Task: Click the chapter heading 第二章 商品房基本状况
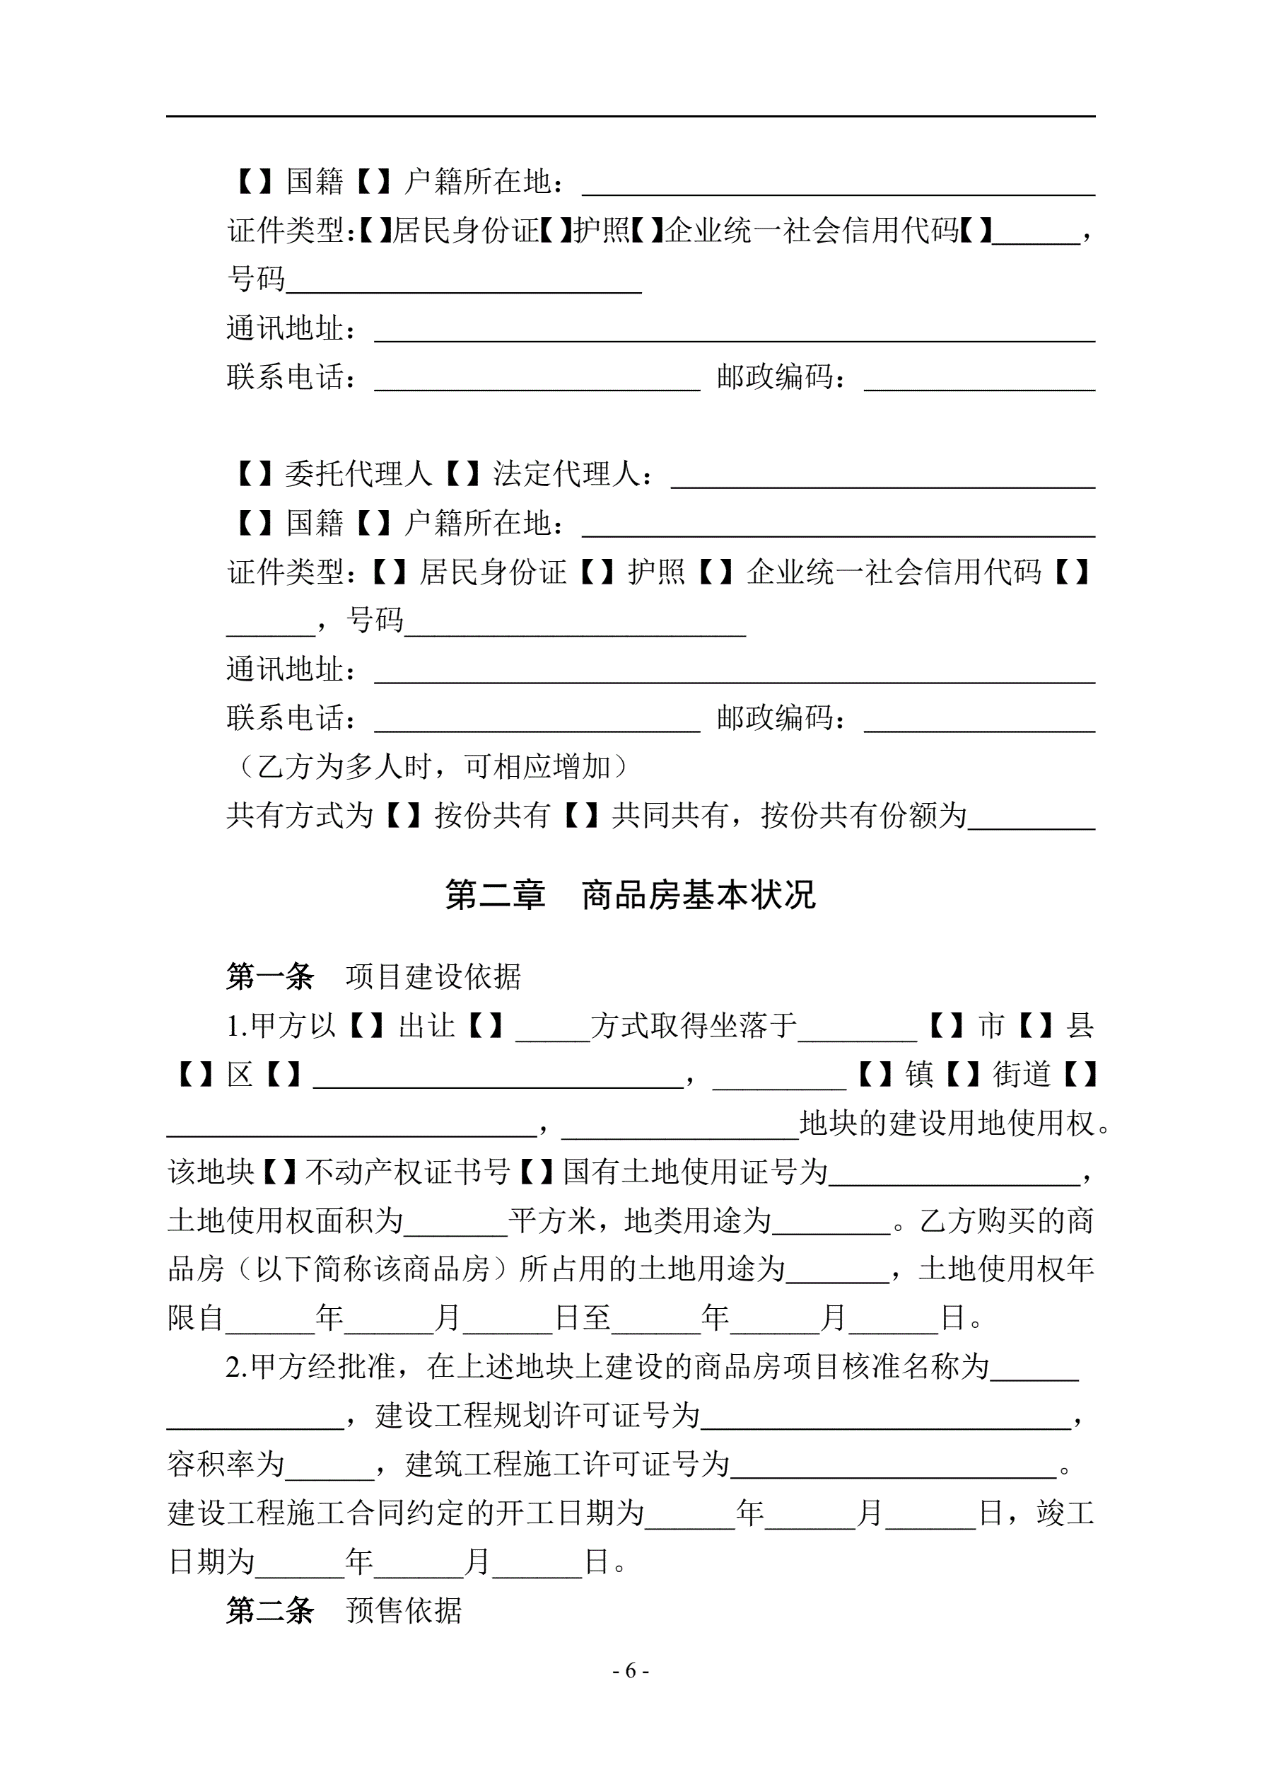pos(630,895)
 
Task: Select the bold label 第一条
pos(269,976)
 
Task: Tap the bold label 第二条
pos(269,1611)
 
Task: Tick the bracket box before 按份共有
pos(404,816)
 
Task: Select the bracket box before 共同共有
pos(581,816)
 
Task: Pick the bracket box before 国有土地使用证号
pos(536,1172)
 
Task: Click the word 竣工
pos(1065,1513)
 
